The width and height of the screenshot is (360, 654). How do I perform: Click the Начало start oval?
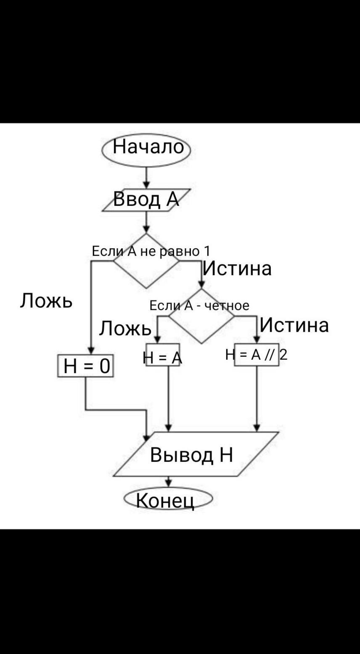tap(146, 149)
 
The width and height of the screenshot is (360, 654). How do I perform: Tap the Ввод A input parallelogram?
tap(146, 200)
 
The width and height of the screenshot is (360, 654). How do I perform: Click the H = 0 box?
tap(85, 366)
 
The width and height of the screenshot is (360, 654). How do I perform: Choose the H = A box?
tap(162, 355)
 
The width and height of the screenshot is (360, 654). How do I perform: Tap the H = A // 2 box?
tap(256, 355)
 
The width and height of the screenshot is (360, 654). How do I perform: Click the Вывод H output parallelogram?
tap(192, 455)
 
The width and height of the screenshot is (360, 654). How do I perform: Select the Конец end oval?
tap(168, 499)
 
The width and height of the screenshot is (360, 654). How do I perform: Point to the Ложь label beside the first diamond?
tap(46, 301)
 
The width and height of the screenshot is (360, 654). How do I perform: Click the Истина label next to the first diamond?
tap(237, 269)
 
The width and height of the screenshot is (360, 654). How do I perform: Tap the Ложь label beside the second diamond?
tap(125, 328)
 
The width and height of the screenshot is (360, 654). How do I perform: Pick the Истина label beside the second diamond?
tap(294, 325)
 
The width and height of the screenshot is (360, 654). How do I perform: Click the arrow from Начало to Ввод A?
tap(146, 178)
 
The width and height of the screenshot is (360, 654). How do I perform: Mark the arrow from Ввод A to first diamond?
tap(146, 222)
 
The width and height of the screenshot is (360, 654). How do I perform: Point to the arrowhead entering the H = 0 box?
tap(91, 350)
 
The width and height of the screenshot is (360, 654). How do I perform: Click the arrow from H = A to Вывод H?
tap(168, 399)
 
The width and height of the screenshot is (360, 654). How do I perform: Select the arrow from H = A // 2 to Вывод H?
tap(257, 399)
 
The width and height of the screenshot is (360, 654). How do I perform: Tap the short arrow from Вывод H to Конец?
tap(168, 482)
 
